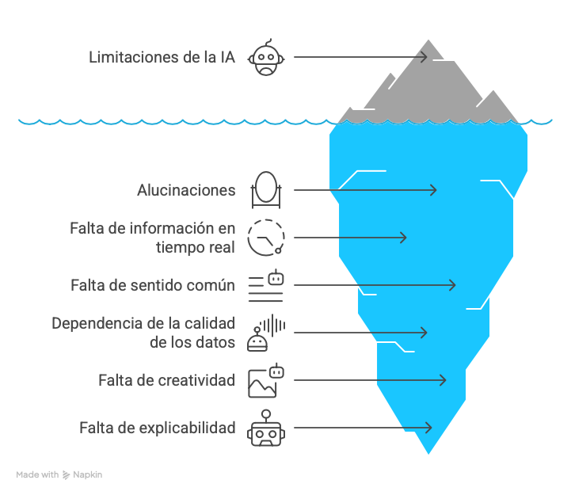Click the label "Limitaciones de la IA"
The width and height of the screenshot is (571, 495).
[x=162, y=57]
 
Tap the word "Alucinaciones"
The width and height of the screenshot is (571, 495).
[x=186, y=190]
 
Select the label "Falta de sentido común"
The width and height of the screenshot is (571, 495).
[x=153, y=285]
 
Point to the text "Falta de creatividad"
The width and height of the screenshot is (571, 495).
[x=167, y=380]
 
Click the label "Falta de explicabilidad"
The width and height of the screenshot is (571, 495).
[x=158, y=428]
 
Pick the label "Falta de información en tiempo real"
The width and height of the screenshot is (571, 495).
[x=152, y=238]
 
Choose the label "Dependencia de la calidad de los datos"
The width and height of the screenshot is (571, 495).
[x=143, y=333]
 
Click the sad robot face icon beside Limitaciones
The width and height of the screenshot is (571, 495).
[x=266, y=57]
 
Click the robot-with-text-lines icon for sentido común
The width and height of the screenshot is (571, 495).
[x=266, y=285]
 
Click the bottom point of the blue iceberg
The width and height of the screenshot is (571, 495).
[x=428, y=454]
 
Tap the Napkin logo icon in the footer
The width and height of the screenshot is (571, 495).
[x=66, y=475]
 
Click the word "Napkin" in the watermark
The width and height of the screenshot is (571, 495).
[x=88, y=475]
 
